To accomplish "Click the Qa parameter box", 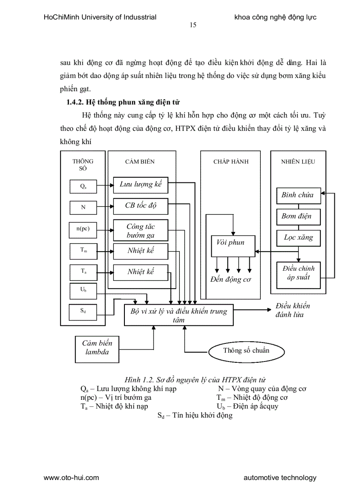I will point(83,186).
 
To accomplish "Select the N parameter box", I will point(83,207).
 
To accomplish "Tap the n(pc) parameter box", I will point(83,229).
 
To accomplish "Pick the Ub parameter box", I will point(83,290).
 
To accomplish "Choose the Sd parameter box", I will point(83,311).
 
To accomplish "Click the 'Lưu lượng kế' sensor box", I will point(141,184).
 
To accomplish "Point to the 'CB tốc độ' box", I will point(141,205).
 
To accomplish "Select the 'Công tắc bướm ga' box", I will point(141,231).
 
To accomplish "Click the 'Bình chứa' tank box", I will point(298,195).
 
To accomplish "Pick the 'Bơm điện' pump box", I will point(298,216).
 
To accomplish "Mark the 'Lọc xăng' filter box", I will point(298,238).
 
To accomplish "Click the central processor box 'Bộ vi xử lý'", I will point(179,315).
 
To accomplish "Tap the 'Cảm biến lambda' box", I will point(97,348).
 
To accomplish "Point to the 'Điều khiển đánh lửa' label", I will point(292,310).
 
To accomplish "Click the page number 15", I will point(193,25).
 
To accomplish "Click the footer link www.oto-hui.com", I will point(71,477).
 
